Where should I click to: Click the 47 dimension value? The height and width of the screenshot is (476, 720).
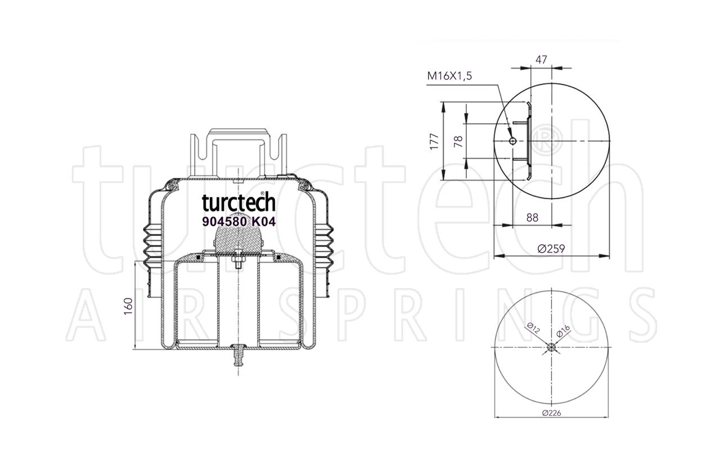tap(541, 60)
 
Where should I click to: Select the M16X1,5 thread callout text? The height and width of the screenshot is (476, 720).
tap(449, 76)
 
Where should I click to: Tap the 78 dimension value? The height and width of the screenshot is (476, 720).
tap(458, 141)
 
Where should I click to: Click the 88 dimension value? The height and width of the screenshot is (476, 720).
tap(532, 218)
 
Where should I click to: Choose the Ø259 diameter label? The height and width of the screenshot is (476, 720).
tap(551, 249)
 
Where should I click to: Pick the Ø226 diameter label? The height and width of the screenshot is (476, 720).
tap(552, 413)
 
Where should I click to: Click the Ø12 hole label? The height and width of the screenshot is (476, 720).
tap(534, 329)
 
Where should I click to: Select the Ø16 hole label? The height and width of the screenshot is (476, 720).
tap(563, 331)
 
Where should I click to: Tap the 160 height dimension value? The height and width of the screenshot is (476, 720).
tap(128, 306)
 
